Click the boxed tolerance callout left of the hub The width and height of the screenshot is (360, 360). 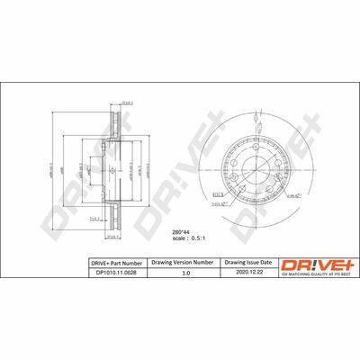tap(219, 191)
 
